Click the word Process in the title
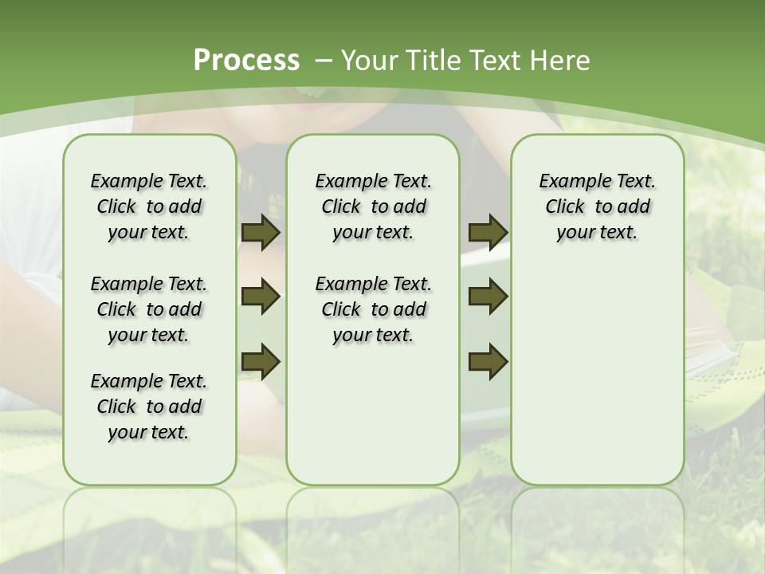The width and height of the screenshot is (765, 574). (246, 61)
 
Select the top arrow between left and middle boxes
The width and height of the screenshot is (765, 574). (261, 233)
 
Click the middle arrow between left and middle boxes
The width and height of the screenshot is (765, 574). (261, 297)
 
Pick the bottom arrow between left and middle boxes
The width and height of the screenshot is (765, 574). (261, 361)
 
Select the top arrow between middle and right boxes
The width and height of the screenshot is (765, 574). (488, 233)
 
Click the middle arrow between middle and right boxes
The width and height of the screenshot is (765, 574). (488, 297)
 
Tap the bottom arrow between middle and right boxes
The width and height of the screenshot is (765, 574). (488, 361)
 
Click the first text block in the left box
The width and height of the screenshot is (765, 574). (149, 206)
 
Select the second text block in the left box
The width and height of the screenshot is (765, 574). (149, 309)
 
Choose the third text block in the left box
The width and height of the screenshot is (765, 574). (149, 407)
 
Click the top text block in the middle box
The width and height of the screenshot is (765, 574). (373, 206)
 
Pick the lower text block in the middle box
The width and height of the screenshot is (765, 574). (373, 309)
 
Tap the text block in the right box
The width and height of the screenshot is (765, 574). (597, 206)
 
